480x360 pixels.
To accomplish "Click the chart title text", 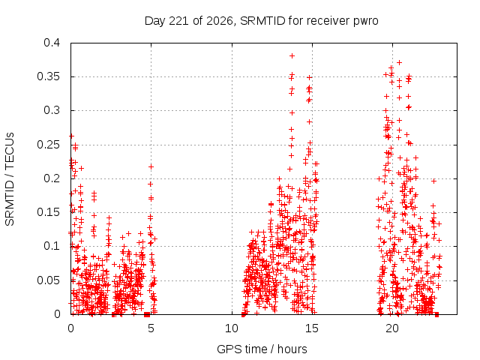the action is (262, 21).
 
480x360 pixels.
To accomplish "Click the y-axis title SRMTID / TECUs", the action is (10, 179).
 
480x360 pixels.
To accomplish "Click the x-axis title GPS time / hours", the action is (262, 349).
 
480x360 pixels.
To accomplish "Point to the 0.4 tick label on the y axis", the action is (52, 43).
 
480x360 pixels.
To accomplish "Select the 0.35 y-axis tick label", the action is (48, 76).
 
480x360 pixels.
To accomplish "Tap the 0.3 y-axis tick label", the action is (52, 110).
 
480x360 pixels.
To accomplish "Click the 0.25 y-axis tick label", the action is (48, 145).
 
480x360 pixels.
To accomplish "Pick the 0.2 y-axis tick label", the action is (52, 178).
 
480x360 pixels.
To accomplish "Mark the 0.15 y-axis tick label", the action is (48, 212).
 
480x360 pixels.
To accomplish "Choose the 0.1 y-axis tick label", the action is (52, 246).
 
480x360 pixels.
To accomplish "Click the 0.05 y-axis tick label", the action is (48, 280).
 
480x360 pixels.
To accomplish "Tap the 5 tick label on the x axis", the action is (151, 328).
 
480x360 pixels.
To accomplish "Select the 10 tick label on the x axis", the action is (232, 328).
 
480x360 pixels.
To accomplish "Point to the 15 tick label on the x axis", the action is (312, 328).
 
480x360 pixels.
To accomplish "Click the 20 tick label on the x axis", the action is (392, 328).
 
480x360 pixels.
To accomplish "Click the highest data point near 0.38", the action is (292, 55).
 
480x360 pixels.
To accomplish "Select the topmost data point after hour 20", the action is (399, 62).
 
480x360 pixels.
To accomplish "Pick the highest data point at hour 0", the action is (72, 136).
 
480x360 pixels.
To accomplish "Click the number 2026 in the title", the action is (220, 21).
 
